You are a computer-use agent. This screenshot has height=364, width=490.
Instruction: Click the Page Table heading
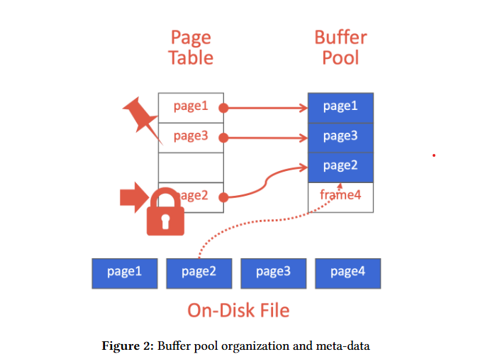[191, 48]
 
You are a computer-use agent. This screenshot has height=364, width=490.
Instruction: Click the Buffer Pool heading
[340, 48]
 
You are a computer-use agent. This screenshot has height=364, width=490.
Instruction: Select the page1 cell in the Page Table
[191, 107]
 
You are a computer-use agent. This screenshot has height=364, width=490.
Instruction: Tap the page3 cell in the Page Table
[191, 137]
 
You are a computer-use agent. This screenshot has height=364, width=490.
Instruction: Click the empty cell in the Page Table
[191, 167]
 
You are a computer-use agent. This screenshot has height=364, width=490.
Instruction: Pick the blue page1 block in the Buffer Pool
[340, 107]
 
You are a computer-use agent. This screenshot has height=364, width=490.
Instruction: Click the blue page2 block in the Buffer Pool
[340, 167]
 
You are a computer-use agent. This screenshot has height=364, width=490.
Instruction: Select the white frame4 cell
[340, 197]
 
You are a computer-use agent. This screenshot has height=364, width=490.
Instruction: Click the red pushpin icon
[143, 118]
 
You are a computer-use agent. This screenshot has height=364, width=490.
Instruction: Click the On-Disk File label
[238, 310]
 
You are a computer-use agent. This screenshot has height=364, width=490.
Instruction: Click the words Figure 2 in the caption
[128, 346]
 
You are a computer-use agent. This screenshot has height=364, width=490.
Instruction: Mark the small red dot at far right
[433, 155]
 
